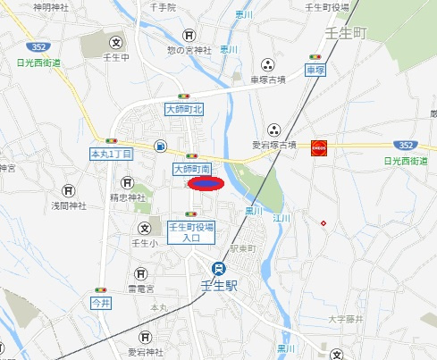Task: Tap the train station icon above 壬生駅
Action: pos(218,268)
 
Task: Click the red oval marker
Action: pos(205,183)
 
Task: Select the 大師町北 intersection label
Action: pos(185,108)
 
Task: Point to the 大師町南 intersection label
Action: pos(191,168)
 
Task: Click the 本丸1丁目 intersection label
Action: pos(112,155)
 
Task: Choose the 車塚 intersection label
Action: pos(314,69)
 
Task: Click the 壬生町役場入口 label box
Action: pos(191,233)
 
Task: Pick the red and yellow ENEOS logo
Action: pos(317,148)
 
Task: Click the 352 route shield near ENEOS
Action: pos(407,144)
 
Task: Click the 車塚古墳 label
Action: pos(267,79)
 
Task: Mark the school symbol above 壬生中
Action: pos(115,41)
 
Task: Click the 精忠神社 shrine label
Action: pos(127,197)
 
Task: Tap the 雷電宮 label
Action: pos(140,289)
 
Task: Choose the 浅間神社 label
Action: pos(68,205)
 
